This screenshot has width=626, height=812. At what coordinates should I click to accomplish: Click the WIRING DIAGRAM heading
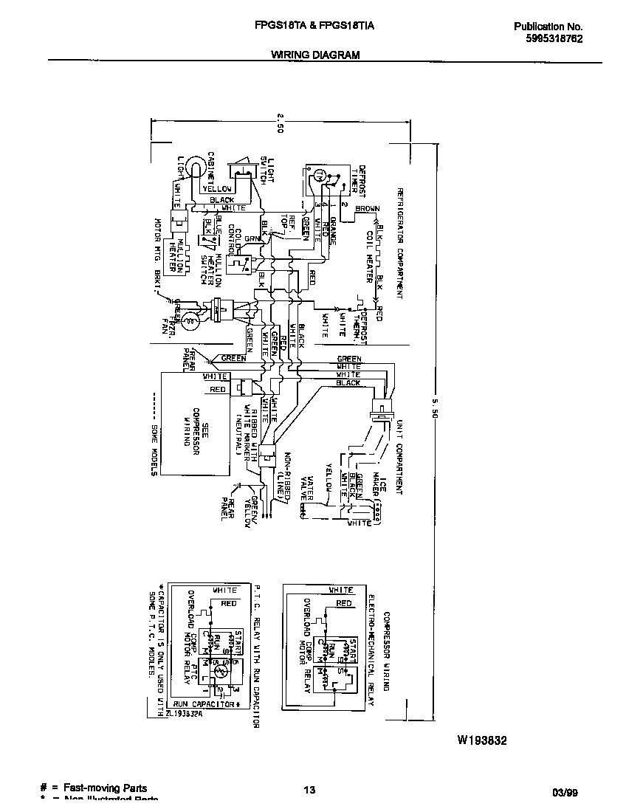point(315,55)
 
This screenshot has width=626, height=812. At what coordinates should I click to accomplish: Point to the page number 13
point(310,791)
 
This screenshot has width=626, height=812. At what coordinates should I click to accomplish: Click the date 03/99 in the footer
point(565,793)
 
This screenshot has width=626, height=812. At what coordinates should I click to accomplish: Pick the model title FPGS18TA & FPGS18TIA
point(314,25)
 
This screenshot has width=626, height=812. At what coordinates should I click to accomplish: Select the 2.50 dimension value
point(281,123)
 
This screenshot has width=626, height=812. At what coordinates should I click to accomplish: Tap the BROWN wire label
point(367,209)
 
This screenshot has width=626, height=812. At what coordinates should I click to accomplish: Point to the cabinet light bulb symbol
point(194,167)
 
